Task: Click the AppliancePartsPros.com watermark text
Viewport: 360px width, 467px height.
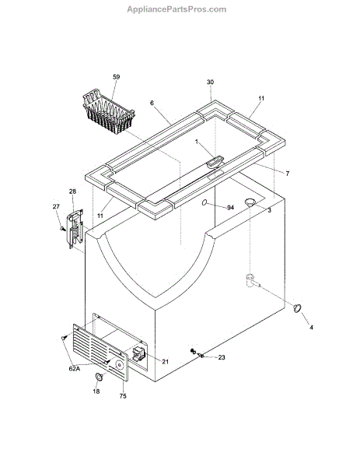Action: coord(177,9)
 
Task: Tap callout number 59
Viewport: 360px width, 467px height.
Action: coord(117,77)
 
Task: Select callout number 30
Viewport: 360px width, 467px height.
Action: coord(211,82)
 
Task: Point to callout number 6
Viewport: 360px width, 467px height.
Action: coord(152,103)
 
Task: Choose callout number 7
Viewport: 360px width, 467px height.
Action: coord(288,174)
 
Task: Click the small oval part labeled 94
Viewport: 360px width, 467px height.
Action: coord(204,202)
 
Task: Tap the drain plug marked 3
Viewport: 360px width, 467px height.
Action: coord(250,202)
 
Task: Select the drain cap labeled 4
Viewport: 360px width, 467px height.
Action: coord(297,308)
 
